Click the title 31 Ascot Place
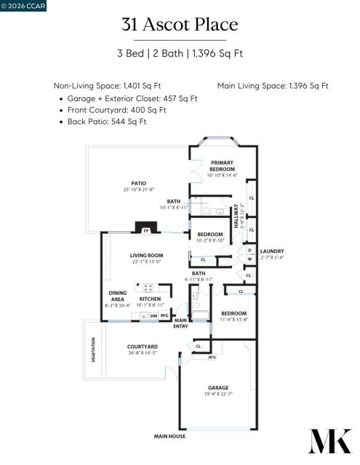click(x=180, y=25)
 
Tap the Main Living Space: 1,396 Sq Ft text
click(x=272, y=86)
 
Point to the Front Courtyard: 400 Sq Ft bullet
click(x=116, y=110)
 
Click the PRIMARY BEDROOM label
click(x=221, y=166)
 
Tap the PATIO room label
click(x=138, y=184)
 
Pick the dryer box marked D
click(x=249, y=251)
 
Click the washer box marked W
click(x=249, y=259)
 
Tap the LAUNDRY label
click(x=271, y=251)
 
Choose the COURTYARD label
click(x=142, y=347)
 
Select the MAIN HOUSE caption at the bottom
click(x=169, y=436)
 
